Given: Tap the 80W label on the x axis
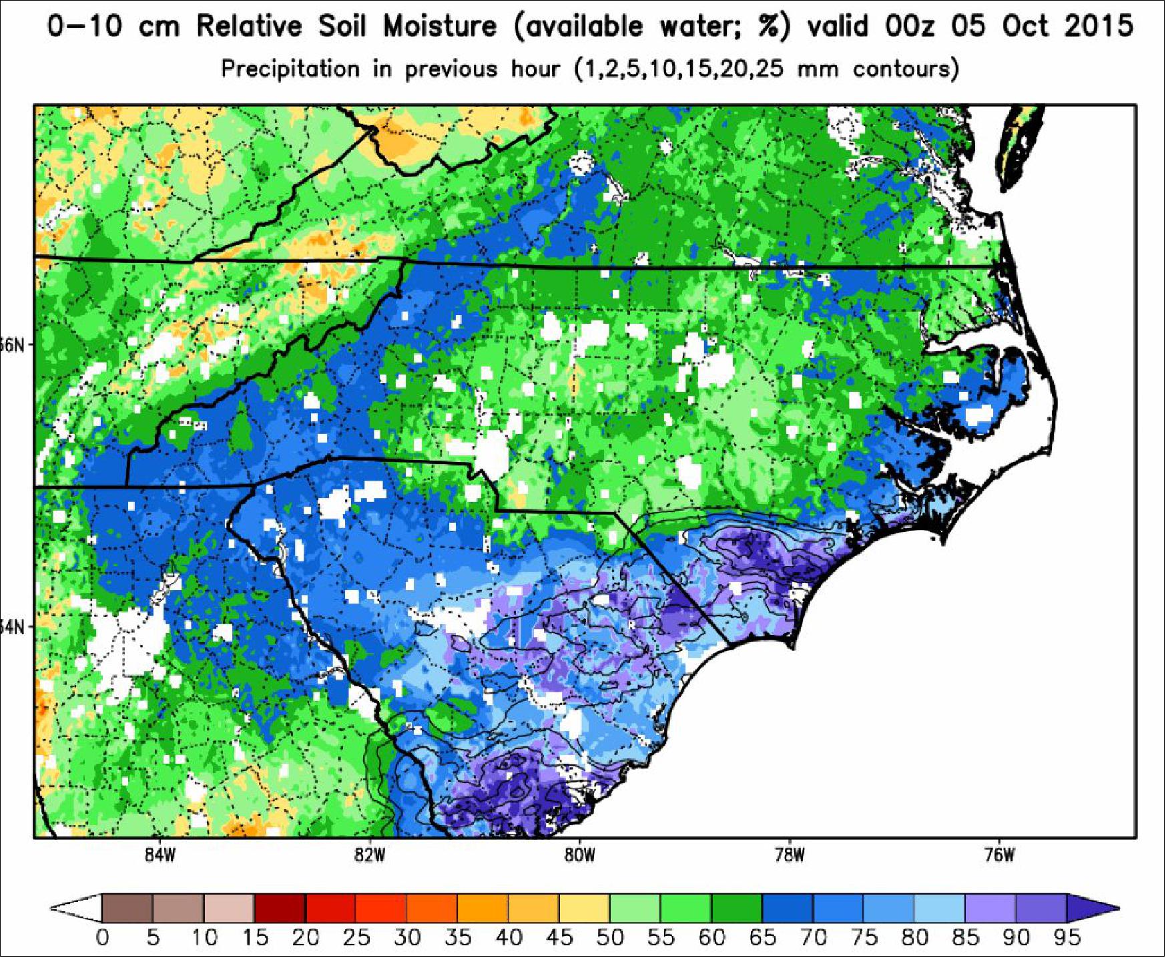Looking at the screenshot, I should coord(579,857).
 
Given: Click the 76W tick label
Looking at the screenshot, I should coord(999,857).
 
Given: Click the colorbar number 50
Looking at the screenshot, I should coord(609,938).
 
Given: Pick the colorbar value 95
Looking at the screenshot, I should coord(1066,938).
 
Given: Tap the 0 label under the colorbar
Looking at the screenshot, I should coord(102,938).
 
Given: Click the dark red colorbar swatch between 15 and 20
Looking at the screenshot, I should coord(280,908).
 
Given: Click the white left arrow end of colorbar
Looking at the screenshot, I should coord(77,908).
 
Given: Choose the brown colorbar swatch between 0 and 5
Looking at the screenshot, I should coord(127,908).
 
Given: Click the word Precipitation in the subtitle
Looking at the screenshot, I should coord(290,69).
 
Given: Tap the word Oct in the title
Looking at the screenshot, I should coord(1025,27).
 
